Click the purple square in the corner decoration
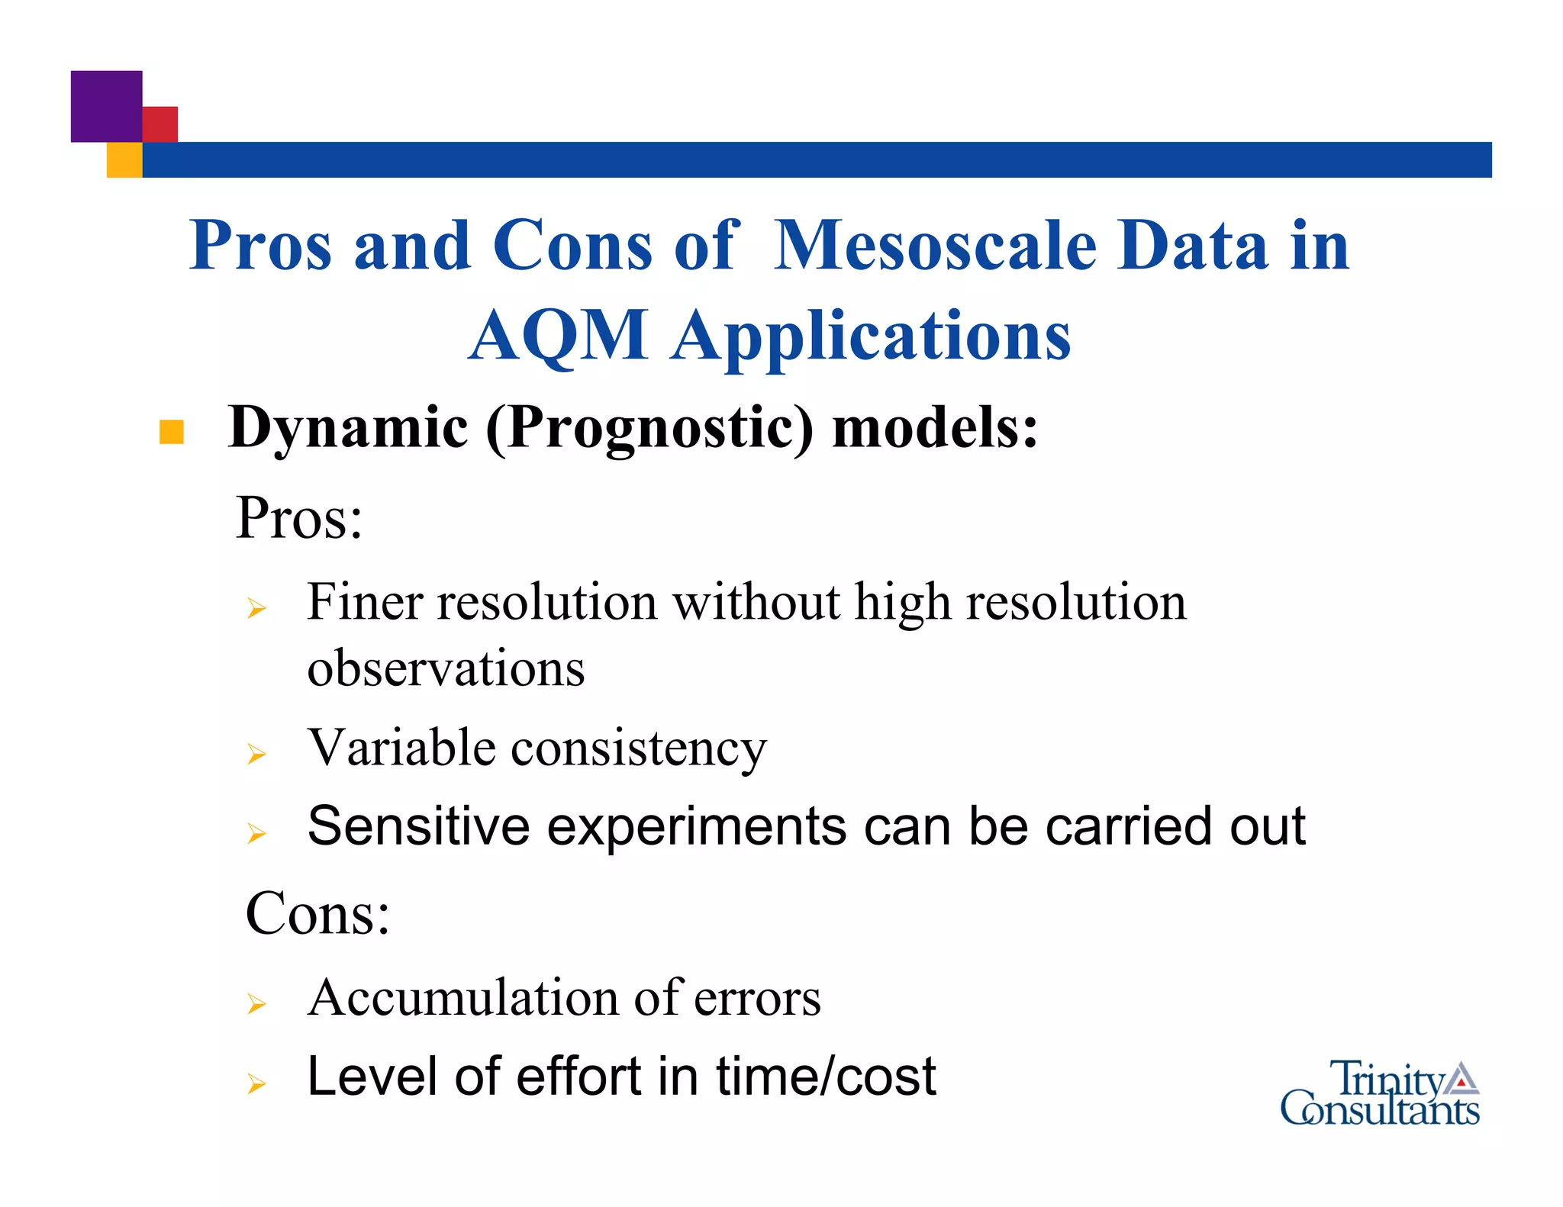106,106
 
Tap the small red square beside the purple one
161,124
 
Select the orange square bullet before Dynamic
172,432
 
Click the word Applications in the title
871,336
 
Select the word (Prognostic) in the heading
650,428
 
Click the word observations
446,668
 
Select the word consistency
638,749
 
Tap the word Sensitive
418,826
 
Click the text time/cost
826,1077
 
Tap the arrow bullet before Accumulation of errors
256,1003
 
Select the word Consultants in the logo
1379,1110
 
